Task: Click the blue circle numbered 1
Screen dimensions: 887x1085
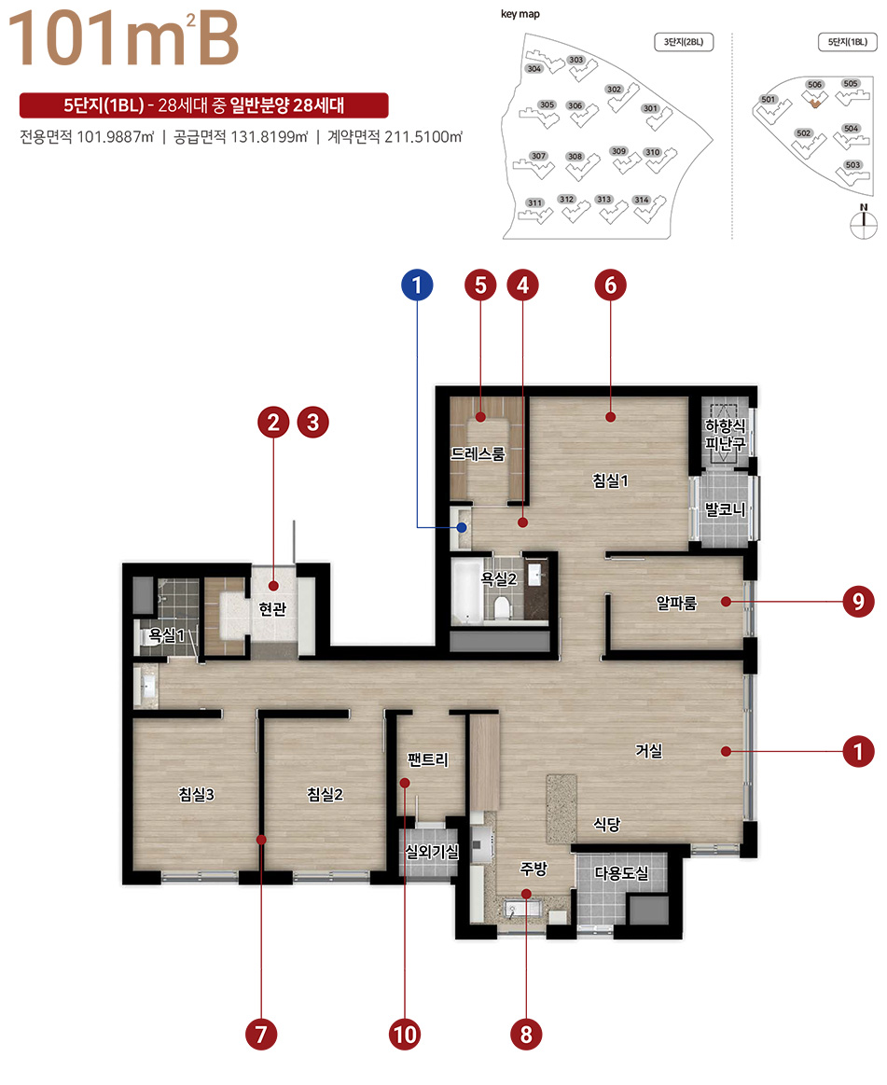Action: click(x=417, y=285)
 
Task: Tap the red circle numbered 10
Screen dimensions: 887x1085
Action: click(x=405, y=1035)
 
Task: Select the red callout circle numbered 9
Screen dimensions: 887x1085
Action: click(x=859, y=602)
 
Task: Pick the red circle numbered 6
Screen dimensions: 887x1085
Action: click(x=610, y=285)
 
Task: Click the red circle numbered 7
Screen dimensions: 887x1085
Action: click(x=261, y=1035)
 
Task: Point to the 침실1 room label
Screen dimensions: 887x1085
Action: click(x=610, y=480)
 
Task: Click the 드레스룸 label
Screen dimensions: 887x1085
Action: click(x=478, y=454)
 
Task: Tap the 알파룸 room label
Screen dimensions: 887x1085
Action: click(x=676, y=604)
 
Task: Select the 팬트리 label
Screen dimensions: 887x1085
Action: click(x=428, y=759)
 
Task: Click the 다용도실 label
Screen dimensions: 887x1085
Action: click(x=622, y=873)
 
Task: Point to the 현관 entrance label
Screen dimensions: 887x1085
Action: click(x=272, y=609)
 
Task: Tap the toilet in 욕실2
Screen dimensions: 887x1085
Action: click(x=503, y=606)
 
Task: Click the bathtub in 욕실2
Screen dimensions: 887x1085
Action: click(x=467, y=591)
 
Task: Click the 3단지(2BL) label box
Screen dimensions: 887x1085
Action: click(x=684, y=42)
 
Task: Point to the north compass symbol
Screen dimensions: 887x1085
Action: click(x=864, y=221)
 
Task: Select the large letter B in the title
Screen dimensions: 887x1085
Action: click(x=218, y=39)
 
